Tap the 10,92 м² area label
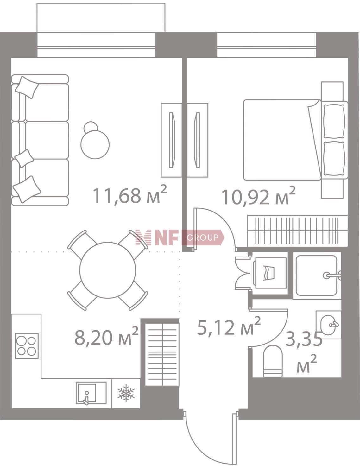(x=259, y=196)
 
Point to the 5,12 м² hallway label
(x=229, y=326)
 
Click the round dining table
(x=108, y=270)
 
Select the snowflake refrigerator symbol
(x=126, y=393)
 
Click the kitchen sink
(x=91, y=393)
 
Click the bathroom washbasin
(x=328, y=325)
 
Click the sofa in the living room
(x=40, y=140)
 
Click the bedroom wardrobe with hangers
(x=298, y=231)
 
